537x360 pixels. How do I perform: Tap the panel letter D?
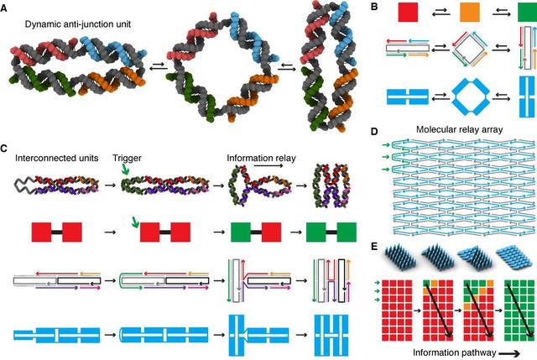374,132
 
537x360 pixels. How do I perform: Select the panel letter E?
374,246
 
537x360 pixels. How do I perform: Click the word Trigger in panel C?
127,159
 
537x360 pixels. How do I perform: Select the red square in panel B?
408,13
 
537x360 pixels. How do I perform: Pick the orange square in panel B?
469,13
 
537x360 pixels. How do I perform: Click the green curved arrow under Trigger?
126,170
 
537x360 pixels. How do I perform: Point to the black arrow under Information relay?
268,166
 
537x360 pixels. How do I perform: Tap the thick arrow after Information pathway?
509,353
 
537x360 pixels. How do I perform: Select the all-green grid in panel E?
519,310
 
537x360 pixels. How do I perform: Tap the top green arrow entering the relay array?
386,145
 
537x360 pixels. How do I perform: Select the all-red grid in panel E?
397,310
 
